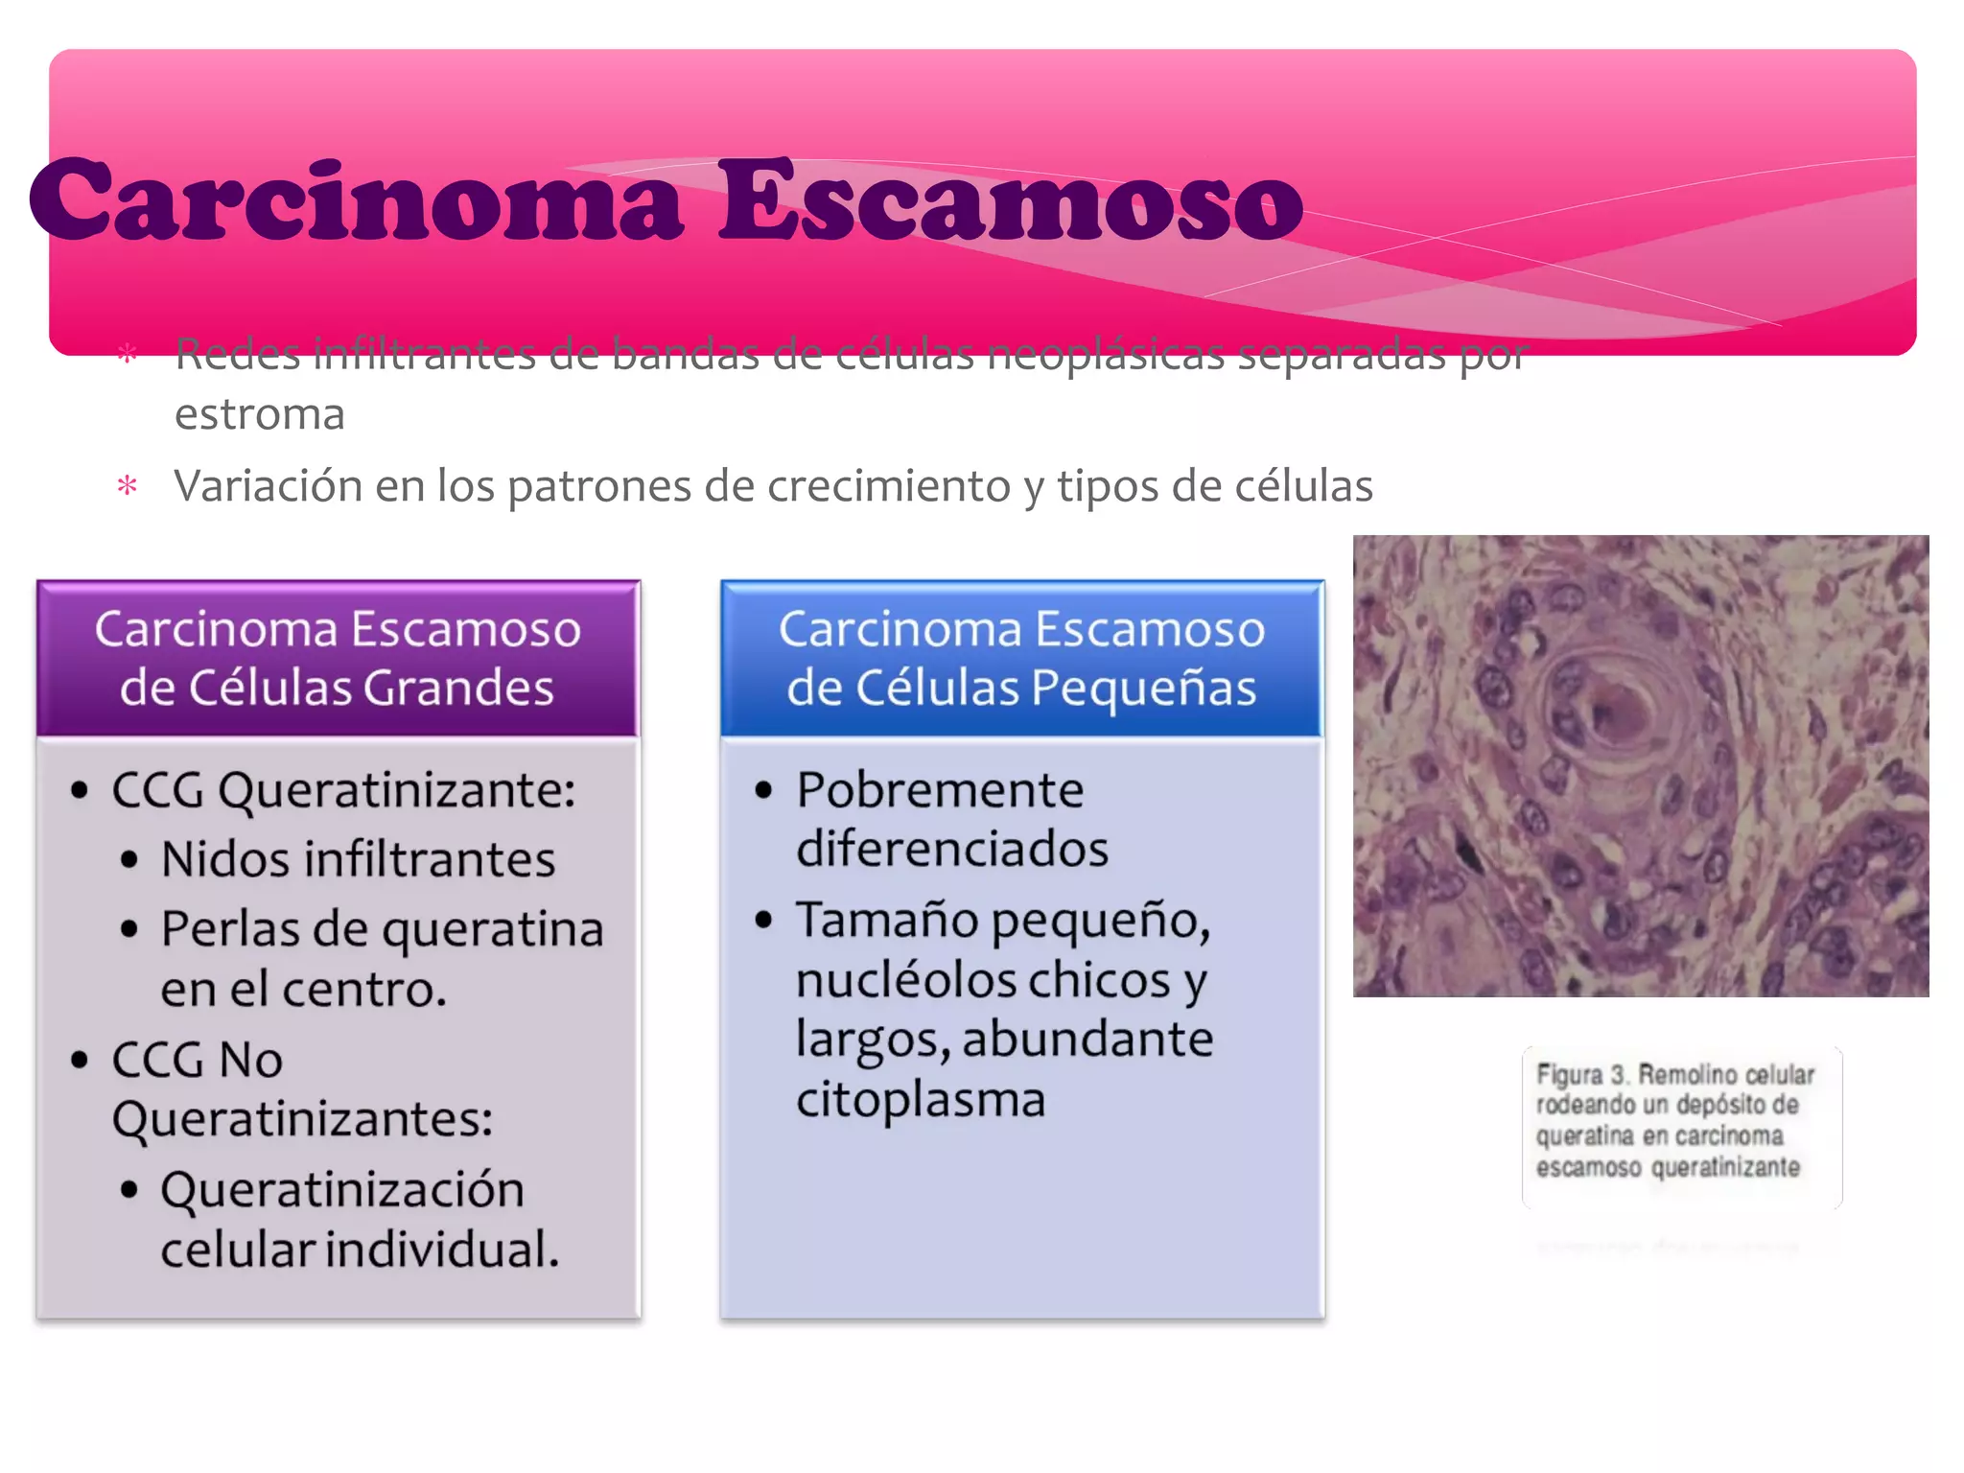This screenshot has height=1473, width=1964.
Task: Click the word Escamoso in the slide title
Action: (x=1009, y=201)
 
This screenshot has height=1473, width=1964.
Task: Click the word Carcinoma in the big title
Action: (x=357, y=201)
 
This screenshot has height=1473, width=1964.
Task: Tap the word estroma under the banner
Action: (x=259, y=414)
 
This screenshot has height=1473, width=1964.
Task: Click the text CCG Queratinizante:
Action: (x=343, y=791)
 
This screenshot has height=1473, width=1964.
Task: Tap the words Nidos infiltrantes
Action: (x=358, y=859)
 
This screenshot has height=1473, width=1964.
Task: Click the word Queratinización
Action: (x=342, y=1190)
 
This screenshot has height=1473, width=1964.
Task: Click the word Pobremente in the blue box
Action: (x=940, y=791)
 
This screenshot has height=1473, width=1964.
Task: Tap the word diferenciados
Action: (x=952, y=850)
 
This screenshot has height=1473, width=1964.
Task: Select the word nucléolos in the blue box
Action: (x=906, y=980)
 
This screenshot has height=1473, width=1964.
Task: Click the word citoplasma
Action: (x=921, y=1099)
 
